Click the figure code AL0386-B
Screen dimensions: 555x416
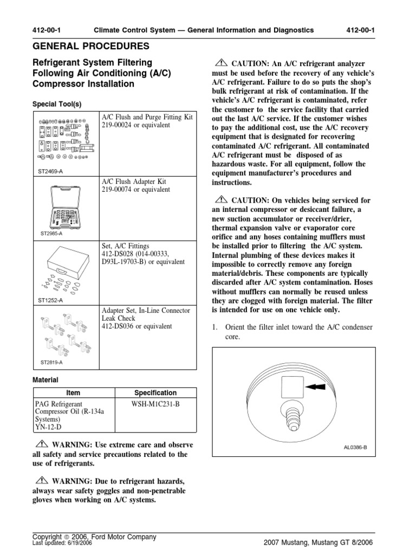pyautogui.click(x=355, y=448)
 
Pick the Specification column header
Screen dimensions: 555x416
pyautogui.click(x=154, y=392)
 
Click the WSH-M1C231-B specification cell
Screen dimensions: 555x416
pyautogui.click(x=154, y=404)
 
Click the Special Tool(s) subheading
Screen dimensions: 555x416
pyautogui.click(x=56, y=104)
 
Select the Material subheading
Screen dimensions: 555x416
pyautogui.click(x=45, y=380)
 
